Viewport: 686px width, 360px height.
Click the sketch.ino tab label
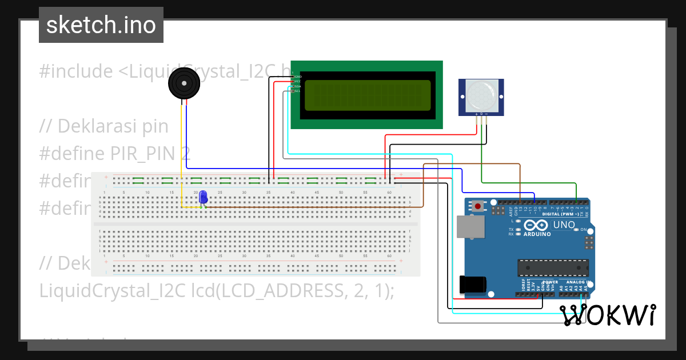tap(101, 25)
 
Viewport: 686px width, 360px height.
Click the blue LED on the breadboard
tap(203, 197)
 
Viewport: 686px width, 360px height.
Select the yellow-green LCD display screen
tap(368, 95)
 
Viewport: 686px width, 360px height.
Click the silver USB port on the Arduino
tap(469, 226)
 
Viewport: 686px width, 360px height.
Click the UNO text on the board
tap(564, 225)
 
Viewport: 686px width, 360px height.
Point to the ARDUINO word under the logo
tap(537, 234)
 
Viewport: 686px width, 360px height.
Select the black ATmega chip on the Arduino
tap(553, 267)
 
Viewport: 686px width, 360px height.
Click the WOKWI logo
tap(607, 315)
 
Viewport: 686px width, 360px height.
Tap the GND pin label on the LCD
tap(298, 76)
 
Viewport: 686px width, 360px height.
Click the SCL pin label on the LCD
tap(297, 91)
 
